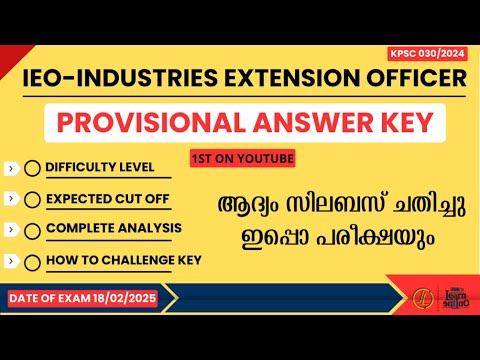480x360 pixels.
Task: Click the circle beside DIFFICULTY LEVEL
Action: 33,168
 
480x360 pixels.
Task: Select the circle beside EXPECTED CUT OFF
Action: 33,199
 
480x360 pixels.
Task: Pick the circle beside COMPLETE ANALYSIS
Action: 33,230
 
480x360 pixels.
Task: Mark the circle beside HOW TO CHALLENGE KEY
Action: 33,262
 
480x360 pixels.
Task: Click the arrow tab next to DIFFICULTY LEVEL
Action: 9,168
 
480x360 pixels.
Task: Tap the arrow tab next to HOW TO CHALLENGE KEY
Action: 9,262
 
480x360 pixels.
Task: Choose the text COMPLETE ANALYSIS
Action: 115,229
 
